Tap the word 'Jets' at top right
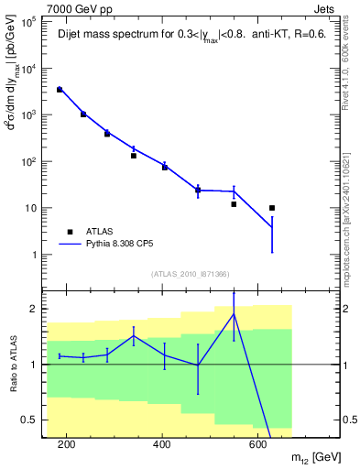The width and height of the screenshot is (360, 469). click(325, 8)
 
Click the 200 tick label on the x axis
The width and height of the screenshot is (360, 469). click(66, 444)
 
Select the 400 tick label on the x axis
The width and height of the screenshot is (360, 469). click(162, 444)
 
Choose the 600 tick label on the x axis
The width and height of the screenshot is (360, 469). click(258, 444)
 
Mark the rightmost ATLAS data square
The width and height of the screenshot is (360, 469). click(272, 208)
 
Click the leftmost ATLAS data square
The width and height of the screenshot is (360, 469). click(60, 90)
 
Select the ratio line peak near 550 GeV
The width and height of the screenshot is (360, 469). click(234, 314)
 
